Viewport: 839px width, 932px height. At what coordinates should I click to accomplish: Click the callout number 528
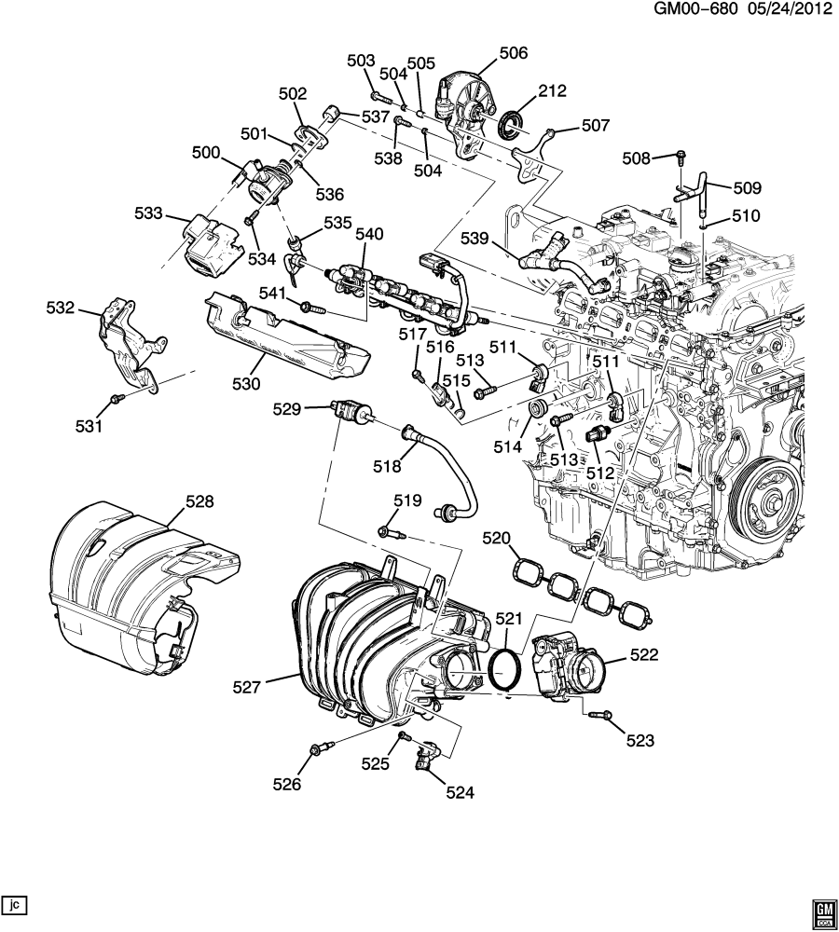coord(199,501)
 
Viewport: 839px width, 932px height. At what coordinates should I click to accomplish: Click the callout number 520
coord(497,539)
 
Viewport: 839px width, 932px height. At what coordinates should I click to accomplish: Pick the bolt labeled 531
coord(116,399)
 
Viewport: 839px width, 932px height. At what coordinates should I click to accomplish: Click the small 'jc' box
coord(15,904)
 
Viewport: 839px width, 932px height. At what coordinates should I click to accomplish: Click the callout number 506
coord(513,54)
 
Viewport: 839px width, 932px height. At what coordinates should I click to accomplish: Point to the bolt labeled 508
coord(681,156)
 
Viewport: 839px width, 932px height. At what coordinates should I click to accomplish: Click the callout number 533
coord(148,212)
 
